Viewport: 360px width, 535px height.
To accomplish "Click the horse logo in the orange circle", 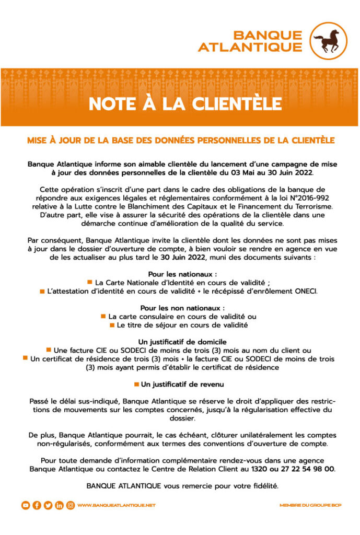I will pos(329,40).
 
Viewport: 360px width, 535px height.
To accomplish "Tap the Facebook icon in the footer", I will pos(37,505).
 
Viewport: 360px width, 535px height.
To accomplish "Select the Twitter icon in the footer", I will pos(48,505).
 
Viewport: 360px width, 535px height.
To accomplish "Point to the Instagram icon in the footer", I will pos(70,505).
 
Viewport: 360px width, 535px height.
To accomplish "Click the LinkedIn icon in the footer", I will pos(59,505).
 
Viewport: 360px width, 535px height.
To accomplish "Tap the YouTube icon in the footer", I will pos(25,505).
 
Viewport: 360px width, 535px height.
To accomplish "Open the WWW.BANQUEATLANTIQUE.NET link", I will pos(116,505).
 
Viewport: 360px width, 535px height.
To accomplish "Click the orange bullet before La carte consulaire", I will pos(103,316).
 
